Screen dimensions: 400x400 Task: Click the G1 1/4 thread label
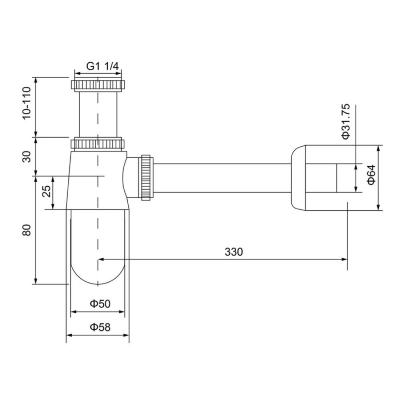coord(103,66)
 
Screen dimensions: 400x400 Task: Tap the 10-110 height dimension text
coord(27,103)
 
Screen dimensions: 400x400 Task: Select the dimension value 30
coord(27,156)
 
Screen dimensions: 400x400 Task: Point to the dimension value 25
coord(46,191)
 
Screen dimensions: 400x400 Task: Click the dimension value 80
coord(27,230)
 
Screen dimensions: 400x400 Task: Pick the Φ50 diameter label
coord(100,304)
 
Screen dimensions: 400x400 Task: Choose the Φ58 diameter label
coord(100,327)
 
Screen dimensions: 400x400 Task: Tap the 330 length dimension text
coord(234,252)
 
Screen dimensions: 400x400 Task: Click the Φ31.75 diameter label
coord(346,122)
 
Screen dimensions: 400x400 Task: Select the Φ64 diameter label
coord(371,175)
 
